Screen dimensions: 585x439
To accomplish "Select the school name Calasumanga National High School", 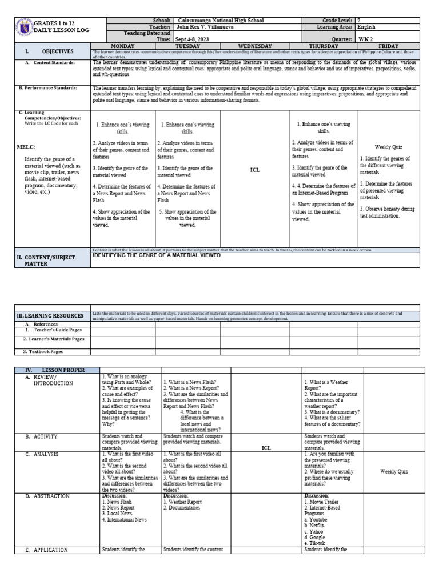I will point(213,20).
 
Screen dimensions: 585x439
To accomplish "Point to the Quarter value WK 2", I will point(364,39).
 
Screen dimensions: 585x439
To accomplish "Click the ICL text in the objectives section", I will point(256,170).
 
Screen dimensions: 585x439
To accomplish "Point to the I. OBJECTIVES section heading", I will point(35,51).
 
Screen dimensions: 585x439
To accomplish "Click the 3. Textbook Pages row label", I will point(43,352).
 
